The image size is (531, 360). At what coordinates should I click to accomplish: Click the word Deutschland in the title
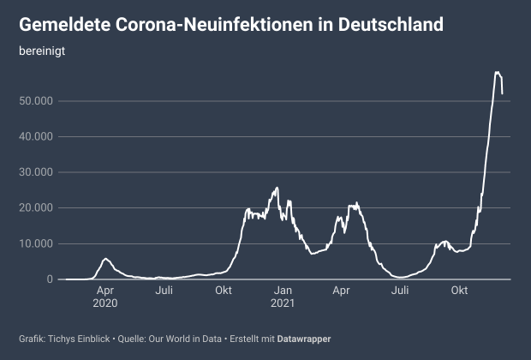click(391, 25)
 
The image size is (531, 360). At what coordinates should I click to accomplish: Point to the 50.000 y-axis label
click(35, 101)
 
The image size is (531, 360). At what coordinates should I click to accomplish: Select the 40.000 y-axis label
click(35, 136)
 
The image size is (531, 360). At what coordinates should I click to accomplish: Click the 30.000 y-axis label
click(35, 172)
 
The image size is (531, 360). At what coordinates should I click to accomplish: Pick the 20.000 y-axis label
click(35, 208)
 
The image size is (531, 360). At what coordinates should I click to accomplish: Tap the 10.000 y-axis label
click(35, 243)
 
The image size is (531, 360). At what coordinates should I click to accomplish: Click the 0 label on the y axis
click(49, 279)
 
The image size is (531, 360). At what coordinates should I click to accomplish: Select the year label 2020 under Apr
click(104, 303)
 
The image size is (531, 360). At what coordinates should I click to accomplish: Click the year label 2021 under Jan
click(283, 303)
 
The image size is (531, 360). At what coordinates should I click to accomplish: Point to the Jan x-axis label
click(283, 291)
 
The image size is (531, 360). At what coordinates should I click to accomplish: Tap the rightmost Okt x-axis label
click(460, 291)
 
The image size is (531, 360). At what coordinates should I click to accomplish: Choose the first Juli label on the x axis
click(164, 291)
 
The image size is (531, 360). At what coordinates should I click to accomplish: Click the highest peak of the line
click(498, 72)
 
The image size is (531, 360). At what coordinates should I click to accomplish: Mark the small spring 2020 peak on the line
click(105, 258)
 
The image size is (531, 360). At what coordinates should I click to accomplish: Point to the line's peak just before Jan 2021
click(277, 188)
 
